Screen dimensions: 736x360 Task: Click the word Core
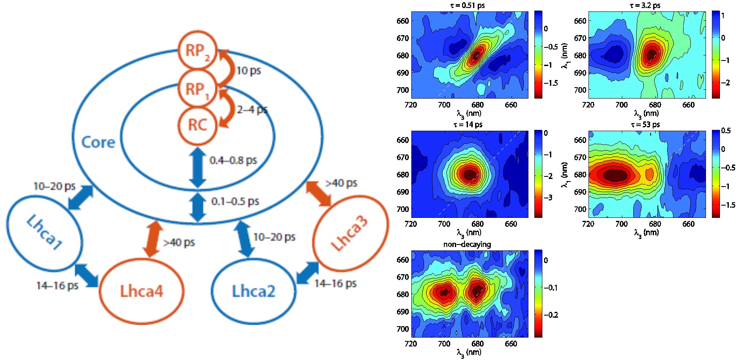point(98,142)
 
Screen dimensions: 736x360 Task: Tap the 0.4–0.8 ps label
point(233,160)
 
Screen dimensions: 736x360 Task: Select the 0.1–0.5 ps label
point(235,201)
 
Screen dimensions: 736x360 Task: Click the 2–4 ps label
point(252,110)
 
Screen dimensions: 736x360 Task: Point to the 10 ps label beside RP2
point(249,70)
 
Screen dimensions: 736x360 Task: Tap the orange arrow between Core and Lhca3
point(319,194)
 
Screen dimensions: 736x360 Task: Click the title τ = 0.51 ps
point(468,5)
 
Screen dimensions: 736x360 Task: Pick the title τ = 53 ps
point(645,125)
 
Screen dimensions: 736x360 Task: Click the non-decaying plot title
point(467,244)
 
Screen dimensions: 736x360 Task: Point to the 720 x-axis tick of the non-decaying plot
point(411,344)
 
